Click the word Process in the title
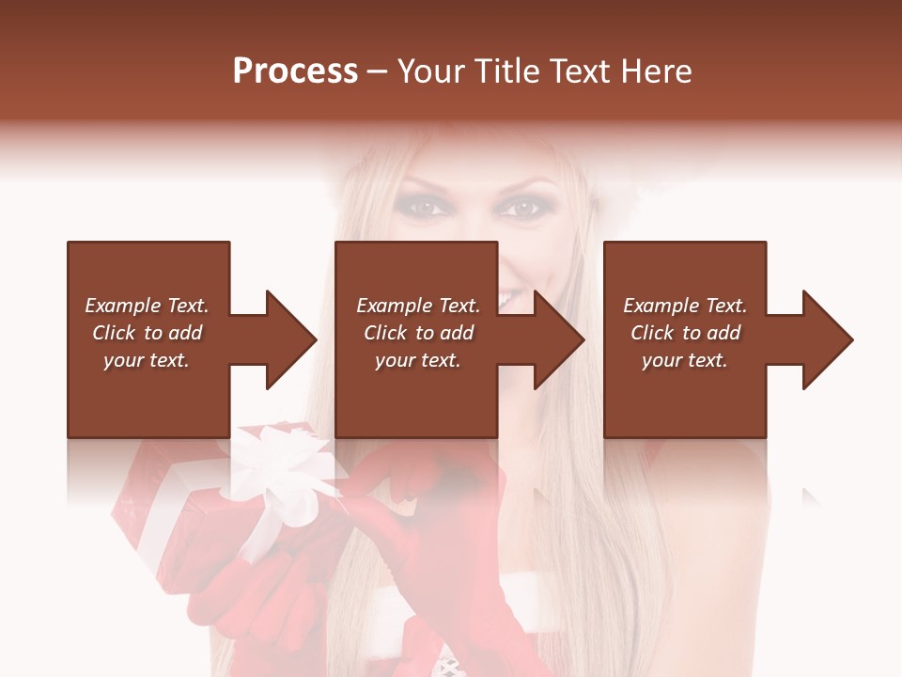click(295, 71)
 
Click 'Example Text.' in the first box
click(147, 306)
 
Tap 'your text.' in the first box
click(147, 360)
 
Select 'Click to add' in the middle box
click(419, 333)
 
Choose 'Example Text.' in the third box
click(685, 306)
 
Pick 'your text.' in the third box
click(685, 360)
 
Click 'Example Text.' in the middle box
click(418, 306)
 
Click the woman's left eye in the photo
click(521, 208)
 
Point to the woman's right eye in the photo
click(428, 206)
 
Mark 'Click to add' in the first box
click(148, 333)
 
